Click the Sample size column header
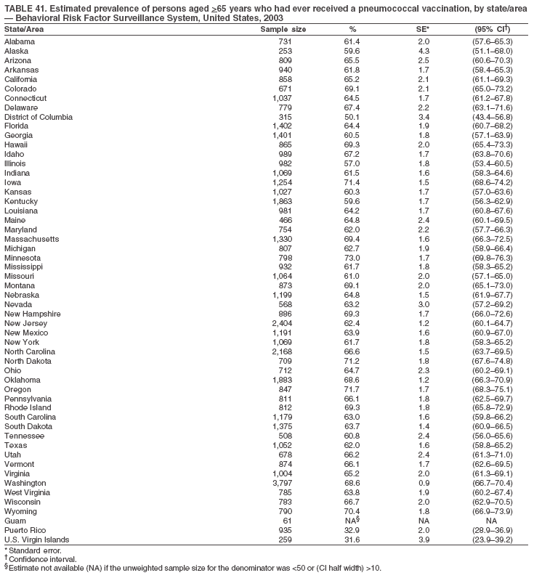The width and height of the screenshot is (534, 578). [283, 29]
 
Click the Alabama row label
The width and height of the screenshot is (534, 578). [20, 42]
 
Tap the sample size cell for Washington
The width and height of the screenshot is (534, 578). [282, 483]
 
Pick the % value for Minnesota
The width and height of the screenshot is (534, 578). [352, 258]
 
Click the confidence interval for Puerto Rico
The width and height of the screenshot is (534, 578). [491, 530]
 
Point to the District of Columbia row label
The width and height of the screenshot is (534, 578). [39, 117]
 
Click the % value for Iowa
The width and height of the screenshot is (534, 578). [352, 182]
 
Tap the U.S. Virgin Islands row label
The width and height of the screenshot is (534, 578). [37, 540]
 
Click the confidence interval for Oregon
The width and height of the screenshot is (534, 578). [491, 389]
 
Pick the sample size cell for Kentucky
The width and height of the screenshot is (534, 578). [281, 201]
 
